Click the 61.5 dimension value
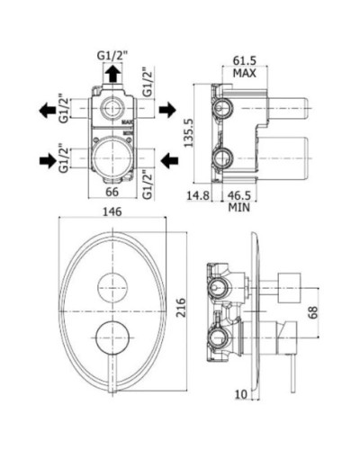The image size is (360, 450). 245,61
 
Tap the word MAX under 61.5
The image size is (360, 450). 245,73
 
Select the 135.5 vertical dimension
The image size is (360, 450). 189,132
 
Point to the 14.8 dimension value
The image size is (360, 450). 198,195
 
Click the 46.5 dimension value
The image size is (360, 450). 238,195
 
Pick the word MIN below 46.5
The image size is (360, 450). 239,207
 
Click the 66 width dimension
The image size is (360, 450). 112,192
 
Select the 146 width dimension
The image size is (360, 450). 112,212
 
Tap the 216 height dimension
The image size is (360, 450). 181,308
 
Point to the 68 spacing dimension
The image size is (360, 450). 312,312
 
